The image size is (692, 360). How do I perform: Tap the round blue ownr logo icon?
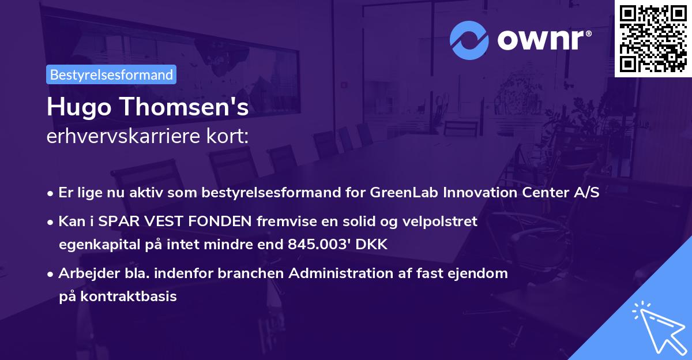(470, 40)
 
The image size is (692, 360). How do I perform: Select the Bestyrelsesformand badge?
(111, 74)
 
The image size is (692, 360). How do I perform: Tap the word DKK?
(373, 244)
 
